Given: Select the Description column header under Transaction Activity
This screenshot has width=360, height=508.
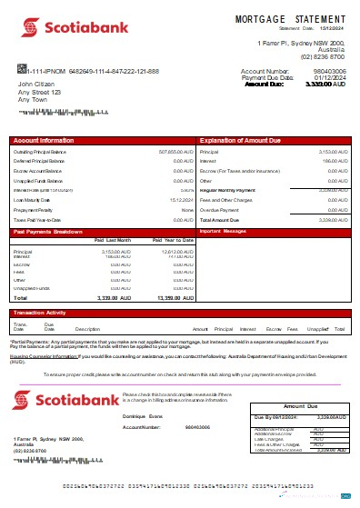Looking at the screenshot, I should (87, 328).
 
